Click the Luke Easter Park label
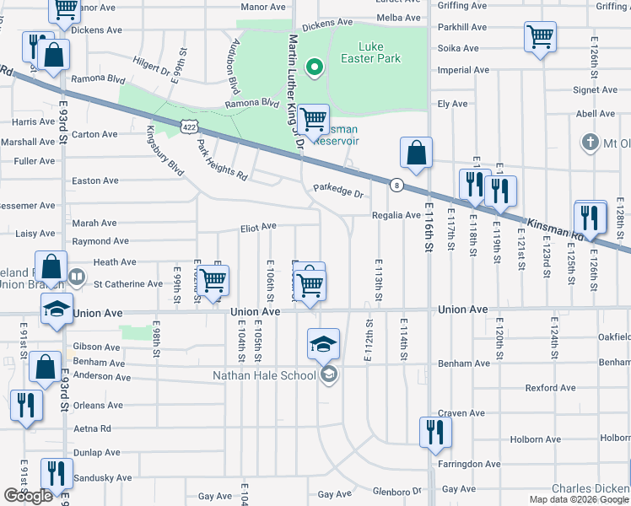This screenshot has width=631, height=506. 380,52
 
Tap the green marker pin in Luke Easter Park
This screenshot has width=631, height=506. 314,67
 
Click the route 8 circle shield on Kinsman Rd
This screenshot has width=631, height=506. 396,185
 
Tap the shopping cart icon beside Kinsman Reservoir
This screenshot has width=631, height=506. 314,119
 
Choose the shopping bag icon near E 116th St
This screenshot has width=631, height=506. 417,154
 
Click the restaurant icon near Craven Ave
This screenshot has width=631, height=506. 435,432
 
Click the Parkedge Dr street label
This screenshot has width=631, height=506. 337,191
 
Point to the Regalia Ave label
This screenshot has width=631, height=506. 396,215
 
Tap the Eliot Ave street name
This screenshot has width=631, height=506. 259,227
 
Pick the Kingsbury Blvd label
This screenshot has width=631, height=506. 164,148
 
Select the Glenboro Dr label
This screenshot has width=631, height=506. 396,491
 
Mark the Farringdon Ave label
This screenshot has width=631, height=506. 469,464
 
